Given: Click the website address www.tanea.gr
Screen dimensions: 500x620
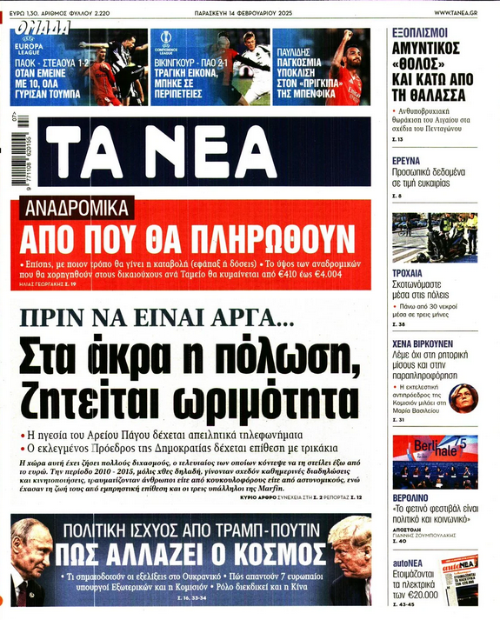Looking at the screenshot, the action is pyautogui.click(x=459, y=12).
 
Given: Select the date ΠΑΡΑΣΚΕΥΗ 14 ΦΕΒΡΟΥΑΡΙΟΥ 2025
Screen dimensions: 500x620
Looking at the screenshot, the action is pyautogui.click(x=251, y=12).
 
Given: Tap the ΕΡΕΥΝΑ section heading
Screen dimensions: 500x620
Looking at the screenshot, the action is pyautogui.click(x=406, y=162).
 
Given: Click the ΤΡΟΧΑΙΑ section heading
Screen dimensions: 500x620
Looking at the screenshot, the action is pyautogui.click(x=409, y=271).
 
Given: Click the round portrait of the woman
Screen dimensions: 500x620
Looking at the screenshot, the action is pyautogui.click(x=463, y=398).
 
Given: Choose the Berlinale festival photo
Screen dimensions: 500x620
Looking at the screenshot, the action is pyautogui.click(x=434, y=462).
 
